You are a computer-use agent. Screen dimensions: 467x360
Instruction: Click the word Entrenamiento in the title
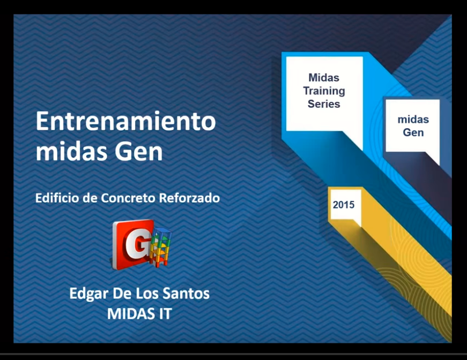click(125, 121)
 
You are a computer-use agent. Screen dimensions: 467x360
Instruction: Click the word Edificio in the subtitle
click(57, 198)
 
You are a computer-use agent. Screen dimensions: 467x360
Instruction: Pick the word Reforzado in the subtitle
click(189, 198)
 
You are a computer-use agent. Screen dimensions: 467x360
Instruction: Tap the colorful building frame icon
click(161, 247)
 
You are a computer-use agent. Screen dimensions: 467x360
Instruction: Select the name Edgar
click(88, 294)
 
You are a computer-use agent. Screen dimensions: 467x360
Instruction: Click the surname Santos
click(186, 293)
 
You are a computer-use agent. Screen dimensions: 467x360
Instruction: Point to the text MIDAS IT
click(139, 313)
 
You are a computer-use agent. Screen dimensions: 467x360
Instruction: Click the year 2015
click(344, 205)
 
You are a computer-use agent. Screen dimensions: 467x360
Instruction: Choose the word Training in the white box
click(324, 91)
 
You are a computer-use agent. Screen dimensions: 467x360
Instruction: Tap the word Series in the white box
click(324, 104)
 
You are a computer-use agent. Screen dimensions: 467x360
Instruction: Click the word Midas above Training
click(324, 77)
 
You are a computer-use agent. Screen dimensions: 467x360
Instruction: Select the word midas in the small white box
click(413, 120)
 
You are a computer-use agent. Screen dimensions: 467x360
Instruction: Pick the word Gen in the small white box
click(413, 133)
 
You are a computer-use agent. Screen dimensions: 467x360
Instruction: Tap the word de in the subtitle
click(90, 198)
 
